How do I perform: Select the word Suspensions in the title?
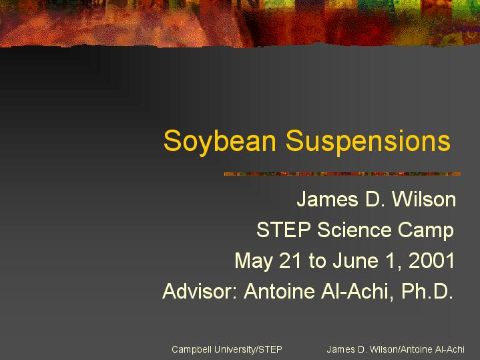point(368,142)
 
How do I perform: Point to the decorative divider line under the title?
point(342,174)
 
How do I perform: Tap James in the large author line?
point(327,199)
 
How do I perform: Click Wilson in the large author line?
point(424,199)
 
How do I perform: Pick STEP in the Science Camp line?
point(284,230)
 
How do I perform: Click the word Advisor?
point(200,291)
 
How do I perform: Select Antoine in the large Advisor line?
point(279,291)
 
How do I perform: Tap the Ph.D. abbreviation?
point(427,291)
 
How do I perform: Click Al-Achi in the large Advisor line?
point(358,291)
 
